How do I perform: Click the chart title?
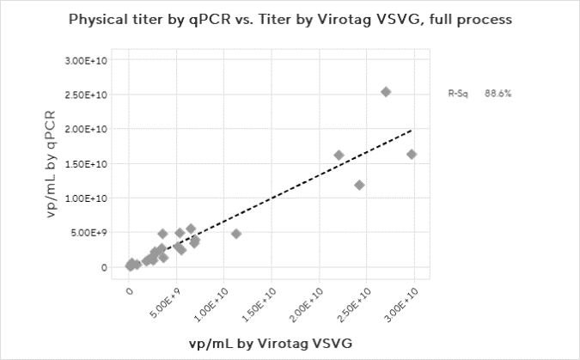click(290, 18)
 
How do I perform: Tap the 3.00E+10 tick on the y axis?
click(87, 61)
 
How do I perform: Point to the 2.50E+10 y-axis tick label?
click(87, 95)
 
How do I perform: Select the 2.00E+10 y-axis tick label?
click(87, 130)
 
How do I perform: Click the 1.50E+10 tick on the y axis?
click(87, 164)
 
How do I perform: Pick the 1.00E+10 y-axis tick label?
click(87, 198)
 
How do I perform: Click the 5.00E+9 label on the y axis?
click(89, 233)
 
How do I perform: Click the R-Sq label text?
click(458, 93)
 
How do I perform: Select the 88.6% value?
click(498, 93)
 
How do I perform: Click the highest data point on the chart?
click(386, 92)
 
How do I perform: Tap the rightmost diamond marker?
click(412, 155)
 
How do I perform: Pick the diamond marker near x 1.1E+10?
click(236, 234)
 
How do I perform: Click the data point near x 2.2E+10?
click(339, 156)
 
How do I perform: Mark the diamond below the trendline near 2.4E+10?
click(359, 185)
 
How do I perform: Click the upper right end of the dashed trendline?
click(413, 130)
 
